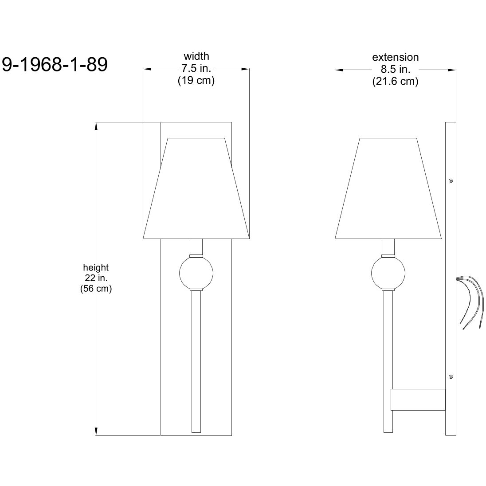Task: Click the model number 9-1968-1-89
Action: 55,65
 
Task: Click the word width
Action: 196,56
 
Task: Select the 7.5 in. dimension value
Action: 196,69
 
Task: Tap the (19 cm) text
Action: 196,81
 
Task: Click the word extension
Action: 395,57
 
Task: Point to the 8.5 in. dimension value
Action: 395,70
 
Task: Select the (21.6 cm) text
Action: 395,82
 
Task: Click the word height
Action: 96,267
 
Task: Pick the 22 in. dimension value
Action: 96,278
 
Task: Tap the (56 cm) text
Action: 96,289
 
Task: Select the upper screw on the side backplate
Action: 451,180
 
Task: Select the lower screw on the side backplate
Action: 451,376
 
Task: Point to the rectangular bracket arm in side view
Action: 417,400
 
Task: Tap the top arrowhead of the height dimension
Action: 96,126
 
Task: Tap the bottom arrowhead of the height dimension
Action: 96,431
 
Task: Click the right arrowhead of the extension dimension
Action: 452,70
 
